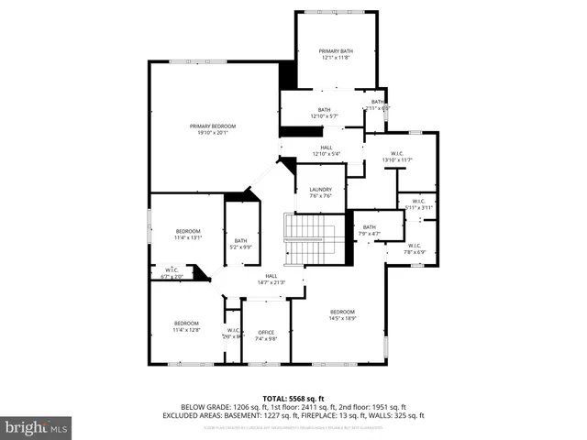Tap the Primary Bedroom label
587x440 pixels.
pos(213,126)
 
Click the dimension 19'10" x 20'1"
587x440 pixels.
pos(213,133)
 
